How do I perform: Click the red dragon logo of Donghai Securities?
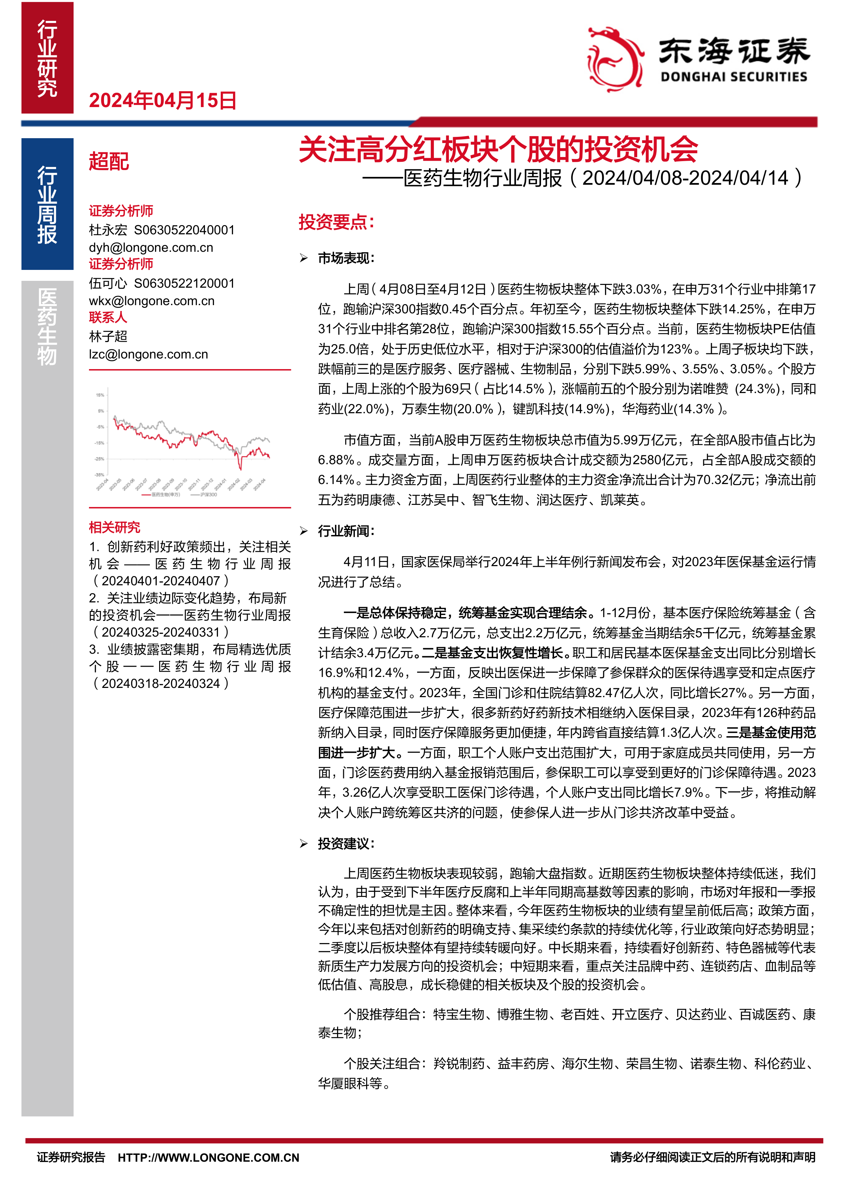tap(615, 59)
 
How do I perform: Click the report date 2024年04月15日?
tap(163, 100)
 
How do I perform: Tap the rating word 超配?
tap(109, 161)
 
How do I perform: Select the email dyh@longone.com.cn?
tap(151, 247)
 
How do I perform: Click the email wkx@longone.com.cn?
tap(152, 301)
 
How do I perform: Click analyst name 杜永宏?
tap(108, 230)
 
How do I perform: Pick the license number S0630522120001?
tap(184, 283)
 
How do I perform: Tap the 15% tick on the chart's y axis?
tap(100, 395)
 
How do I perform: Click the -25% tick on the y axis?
tap(99, 459)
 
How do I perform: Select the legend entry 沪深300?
tap(208, 494)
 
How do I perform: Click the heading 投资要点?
tap(336, 222)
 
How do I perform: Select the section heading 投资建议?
tap(346, 844)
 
